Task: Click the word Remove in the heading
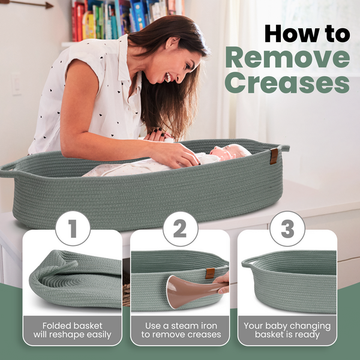pyautogui.click(x=287, y=57)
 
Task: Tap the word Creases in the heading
pyautogui.click(x=287, y=82)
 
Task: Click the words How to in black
pyautogui.click(x=307, y=34)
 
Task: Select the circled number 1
pyautogui.click(x=73, y=229)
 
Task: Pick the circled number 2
pyautogui.click(x=180, y=229)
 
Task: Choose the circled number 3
pyautogui.click(x=287, y=229)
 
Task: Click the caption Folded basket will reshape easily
pyautogui.click(x=73, y=330)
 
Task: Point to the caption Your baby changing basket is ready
pyautogui.click(x=287, y=330)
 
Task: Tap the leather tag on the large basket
pyautogui.click(x=274, y=156)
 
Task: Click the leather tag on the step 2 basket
pyautogui.click(x=210, y=273)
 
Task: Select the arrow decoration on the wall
pyautogui.click(x=28, y=4)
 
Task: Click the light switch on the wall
pyautogui.click(x=16, y=84)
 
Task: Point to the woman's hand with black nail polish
pyautogui.click(x=159, y=134)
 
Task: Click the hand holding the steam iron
pyautogui.click(x=221, y=283)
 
